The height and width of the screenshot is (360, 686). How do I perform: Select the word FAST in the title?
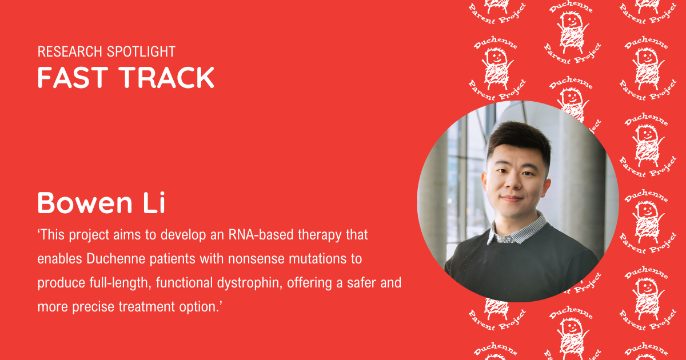pos(73,78)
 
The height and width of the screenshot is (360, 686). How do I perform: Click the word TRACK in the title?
pos(166,78)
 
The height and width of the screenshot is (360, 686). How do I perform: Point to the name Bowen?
pos(85,203)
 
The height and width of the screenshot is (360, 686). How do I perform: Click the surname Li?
pos(155,202)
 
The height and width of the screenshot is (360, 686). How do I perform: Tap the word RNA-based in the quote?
pos(261,235)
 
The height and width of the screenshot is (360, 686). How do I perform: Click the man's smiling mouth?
pos(512,199)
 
